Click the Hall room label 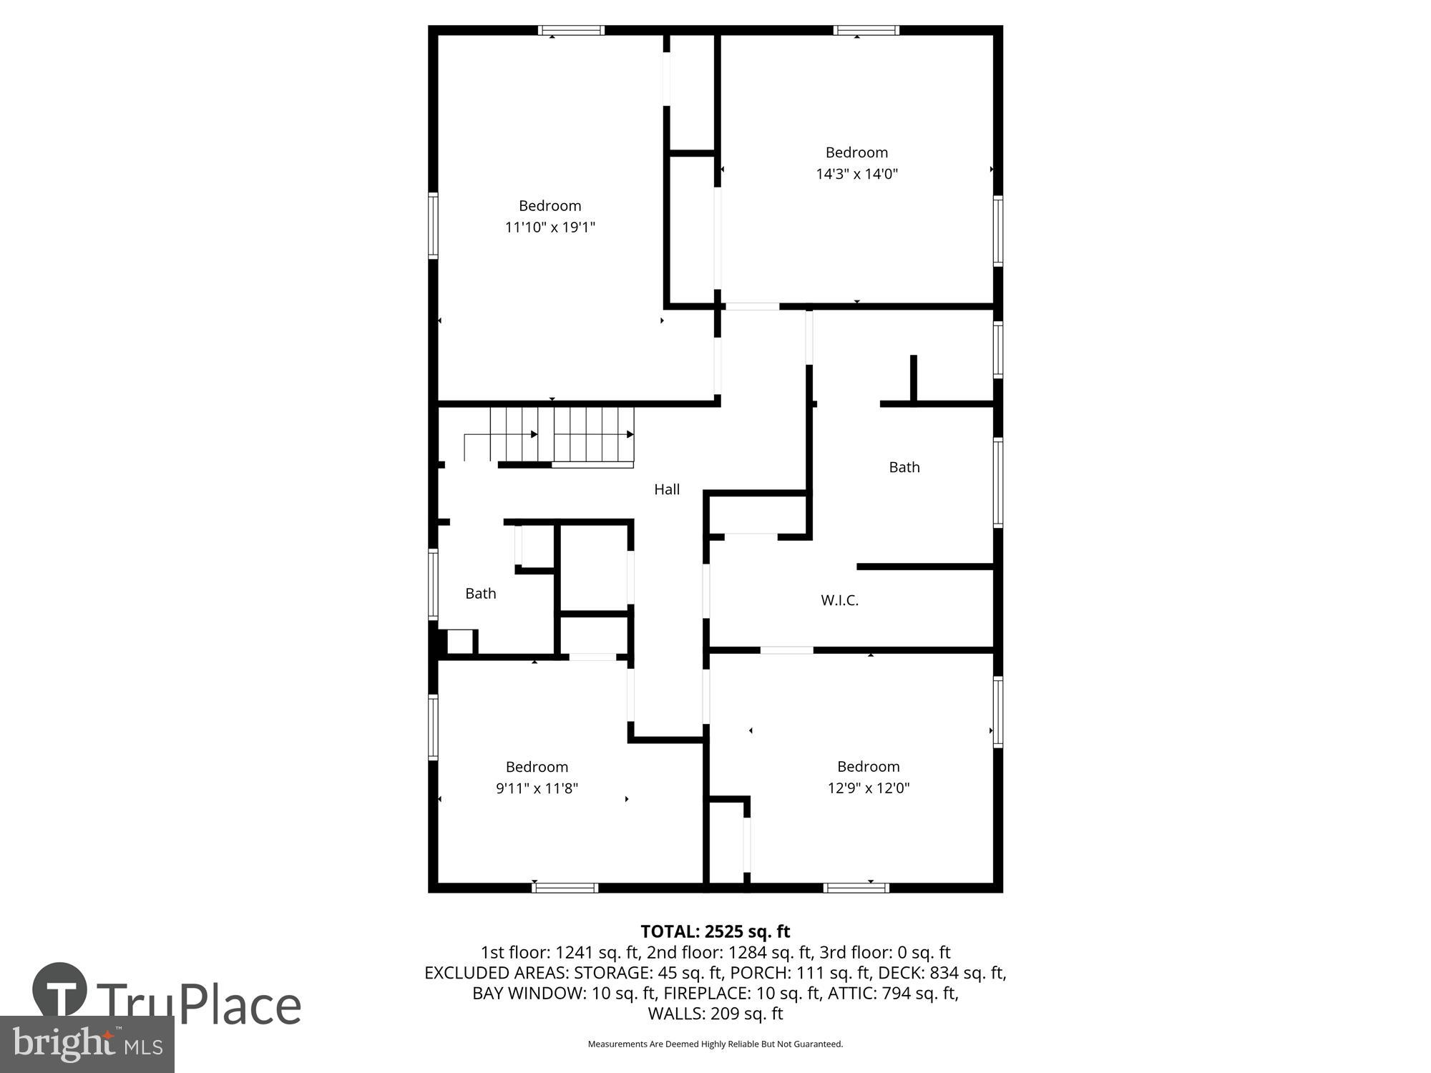666,489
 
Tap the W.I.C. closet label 839,600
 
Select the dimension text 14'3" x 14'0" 856,174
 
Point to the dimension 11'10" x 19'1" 550,227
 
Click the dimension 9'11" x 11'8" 537,788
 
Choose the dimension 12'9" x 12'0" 868,788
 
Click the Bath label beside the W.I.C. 904,467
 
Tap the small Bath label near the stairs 480,593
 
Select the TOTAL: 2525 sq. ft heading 715,931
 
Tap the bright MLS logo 87,1044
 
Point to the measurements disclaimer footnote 715,1044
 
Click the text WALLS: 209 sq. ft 715,1014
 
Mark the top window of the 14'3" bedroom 866,30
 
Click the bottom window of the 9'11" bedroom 565,888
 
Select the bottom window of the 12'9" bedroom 856,888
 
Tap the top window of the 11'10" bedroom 571,30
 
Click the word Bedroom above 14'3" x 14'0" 856,152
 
